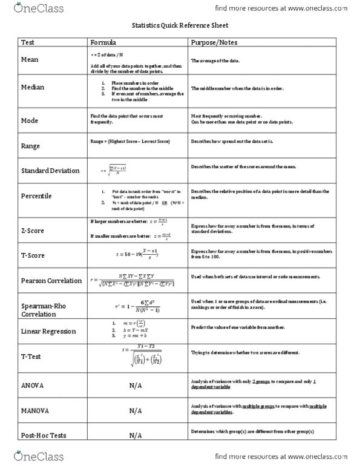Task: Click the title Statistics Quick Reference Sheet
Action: coord(180,27)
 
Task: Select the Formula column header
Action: coord(103,43)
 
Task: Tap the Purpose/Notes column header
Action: coord(214,43)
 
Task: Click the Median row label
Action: coord(34,88)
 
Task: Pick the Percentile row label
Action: coord(38,196)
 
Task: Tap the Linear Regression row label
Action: coord(48,332)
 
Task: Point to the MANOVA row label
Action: coord(36,410)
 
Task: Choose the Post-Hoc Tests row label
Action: coord(44,435)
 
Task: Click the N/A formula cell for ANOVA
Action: coord(136,386)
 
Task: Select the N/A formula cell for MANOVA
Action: coord(136,410)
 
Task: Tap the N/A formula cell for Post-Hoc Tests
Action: coord(136,436)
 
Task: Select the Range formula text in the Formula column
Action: coord(129,141)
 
